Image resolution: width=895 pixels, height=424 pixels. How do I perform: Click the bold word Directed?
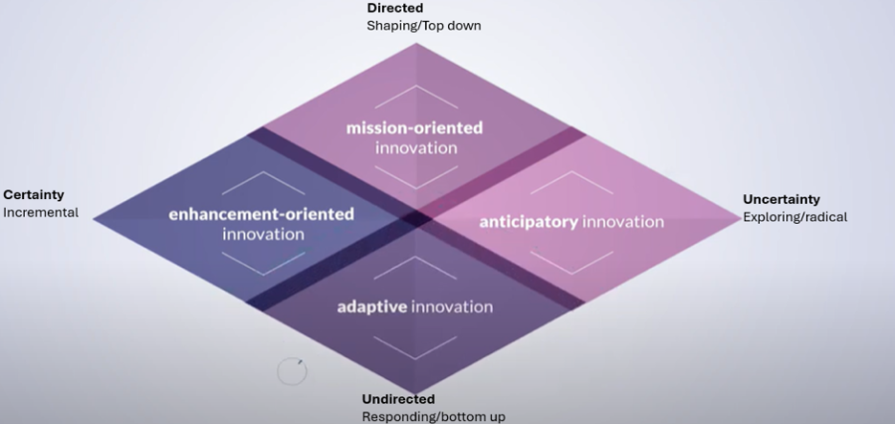(395, 8)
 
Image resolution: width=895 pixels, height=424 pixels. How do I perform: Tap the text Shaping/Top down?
(423, 25)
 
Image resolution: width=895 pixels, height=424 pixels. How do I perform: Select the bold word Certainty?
(34, 195)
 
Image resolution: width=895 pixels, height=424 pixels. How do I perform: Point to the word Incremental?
(41, 212)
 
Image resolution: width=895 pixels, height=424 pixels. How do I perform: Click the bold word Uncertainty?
(782, 199)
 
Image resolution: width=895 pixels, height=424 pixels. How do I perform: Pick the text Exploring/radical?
(795, 217)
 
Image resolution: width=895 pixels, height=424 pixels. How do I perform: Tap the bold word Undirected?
(398, 399)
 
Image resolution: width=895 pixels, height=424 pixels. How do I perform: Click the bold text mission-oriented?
(415, 127)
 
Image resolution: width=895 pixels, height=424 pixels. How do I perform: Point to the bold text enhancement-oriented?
(262, 214)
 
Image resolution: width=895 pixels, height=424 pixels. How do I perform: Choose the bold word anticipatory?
(529, 221)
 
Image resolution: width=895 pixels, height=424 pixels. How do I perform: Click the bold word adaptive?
(371, 307)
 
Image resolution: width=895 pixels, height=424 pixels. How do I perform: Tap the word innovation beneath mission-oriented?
(416, 148)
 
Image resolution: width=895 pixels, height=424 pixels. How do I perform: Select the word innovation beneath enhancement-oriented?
(263, 235)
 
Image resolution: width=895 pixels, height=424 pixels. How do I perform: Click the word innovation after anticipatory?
(623, 221)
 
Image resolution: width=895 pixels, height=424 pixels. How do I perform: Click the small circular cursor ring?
(291, 372)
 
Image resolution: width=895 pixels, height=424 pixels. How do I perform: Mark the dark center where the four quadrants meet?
(416, 216)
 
